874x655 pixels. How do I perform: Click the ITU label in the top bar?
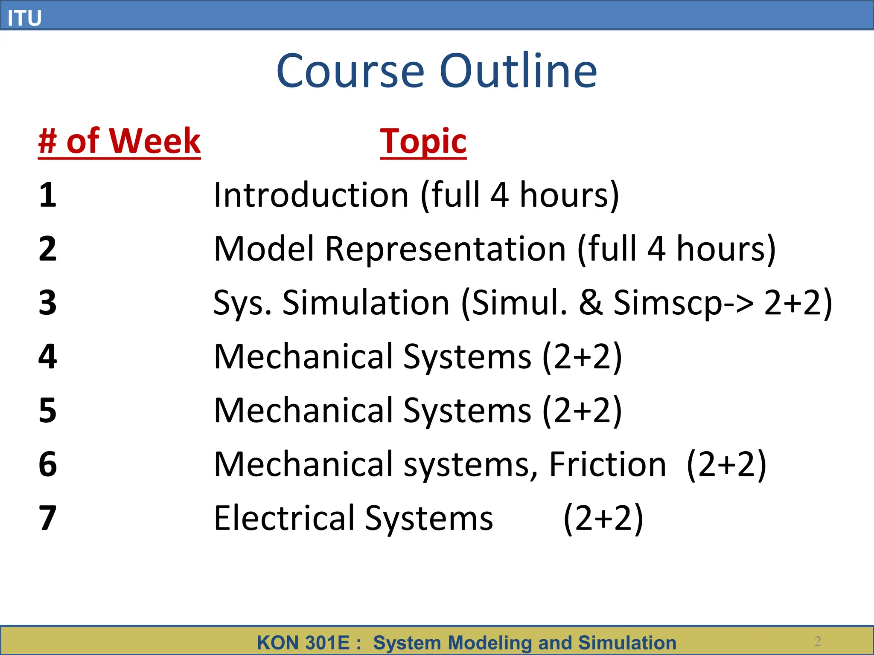[x=24, y=18]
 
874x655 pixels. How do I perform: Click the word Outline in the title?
[x=518, y=71]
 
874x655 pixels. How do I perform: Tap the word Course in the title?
[x=350, y=71]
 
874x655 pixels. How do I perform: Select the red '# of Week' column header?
[x=119, y=141]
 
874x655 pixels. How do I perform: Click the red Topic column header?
[x=423, y=141]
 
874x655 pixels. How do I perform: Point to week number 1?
[x=47, y=195]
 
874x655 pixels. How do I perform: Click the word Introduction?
[x=311, y=195]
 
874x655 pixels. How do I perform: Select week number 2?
[x=47, y=249]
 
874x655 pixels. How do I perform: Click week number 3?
[x=47, y=303]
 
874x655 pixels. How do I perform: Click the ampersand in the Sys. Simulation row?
[x=591, y=303]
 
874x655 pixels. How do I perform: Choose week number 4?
[x=47, y=356]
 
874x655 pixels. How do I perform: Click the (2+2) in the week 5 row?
[x=582, y=410]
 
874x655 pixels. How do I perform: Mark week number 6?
[x=47, y=464]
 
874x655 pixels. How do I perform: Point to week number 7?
[x=47, y=518]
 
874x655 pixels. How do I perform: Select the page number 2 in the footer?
[x=817, y=641]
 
